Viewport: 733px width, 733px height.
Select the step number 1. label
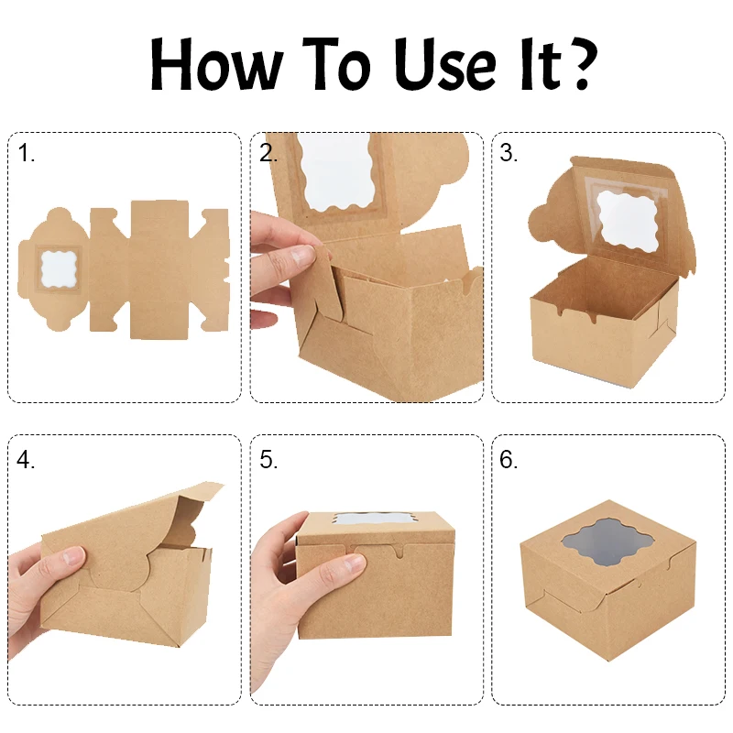coord(27,154)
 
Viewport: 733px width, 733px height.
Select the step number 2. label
coord(268,154)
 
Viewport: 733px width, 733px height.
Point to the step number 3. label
coord(509,154)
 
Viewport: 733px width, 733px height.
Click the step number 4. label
coord(27,460)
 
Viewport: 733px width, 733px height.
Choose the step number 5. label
coord(268,460)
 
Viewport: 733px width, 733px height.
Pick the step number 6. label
coord(509,460)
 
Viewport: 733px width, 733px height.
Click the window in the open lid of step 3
coord(630,220)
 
